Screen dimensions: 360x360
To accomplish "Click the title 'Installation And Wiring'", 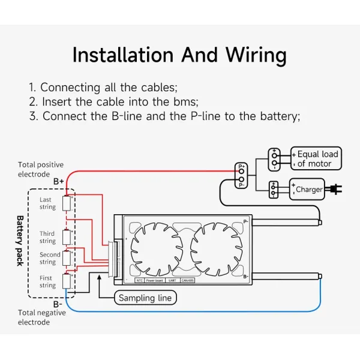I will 179,55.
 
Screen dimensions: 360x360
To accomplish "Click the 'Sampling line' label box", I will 145,298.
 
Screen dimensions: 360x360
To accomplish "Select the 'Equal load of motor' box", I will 316,159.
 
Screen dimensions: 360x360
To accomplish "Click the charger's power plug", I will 337,189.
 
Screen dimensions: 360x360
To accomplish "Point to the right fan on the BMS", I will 215,247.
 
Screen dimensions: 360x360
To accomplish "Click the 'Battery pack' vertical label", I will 20,240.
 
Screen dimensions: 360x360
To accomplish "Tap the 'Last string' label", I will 47,203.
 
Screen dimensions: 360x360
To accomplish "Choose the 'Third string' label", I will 47,237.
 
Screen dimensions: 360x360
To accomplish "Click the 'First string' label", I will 47,281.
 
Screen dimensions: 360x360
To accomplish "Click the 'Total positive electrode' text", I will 40,169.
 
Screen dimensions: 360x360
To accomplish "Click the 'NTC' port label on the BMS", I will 139,280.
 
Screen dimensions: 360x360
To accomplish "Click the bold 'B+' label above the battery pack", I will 59,181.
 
